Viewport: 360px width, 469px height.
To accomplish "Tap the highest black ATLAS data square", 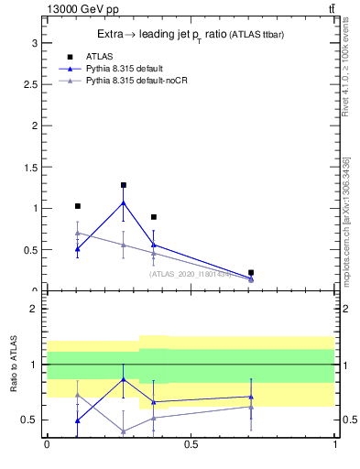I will tap(123, 185).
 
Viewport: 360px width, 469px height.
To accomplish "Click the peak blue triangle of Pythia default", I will tap(123, 202).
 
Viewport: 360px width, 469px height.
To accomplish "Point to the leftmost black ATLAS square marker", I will tap(78, 206).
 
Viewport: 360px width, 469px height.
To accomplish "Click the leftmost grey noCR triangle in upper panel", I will tap(78, 233).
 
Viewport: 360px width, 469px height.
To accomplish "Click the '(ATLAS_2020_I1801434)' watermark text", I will tap(191, 273).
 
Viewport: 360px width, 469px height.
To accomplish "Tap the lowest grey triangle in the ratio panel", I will tap(123, 431).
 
